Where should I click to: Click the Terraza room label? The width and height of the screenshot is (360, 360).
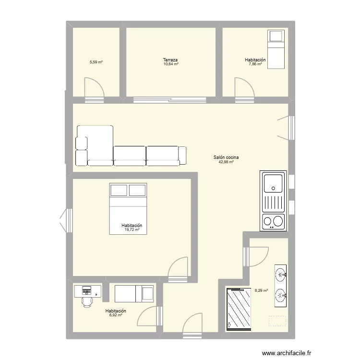pyautogui.click(x=170, y=60)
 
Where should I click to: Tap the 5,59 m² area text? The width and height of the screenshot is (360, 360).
pyautogui.click(x=96, y=62)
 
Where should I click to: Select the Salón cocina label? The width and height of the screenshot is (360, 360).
pyautogui.click(x=227, y=157)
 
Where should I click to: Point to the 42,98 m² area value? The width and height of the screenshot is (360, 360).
pyautogui.click(x=227, y=162)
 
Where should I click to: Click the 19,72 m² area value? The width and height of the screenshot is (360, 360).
pyautogui.click(x=132, y=230)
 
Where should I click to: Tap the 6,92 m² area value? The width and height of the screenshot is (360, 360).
pyautogui.click(x=116, y=315)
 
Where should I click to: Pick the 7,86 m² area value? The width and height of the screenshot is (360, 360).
pyautogui.click(x=255, y=64)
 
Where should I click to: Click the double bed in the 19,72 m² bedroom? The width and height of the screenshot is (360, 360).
pyautogui.click(x=128, y=208)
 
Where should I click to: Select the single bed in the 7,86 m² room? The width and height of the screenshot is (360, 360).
pyautogui.click(x=276, y=49)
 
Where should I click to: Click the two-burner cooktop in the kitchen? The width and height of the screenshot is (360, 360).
pyautogui.click(x=273, y=221)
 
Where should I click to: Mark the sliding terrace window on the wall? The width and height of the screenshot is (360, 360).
pyautogui.click(x=170, y=100)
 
